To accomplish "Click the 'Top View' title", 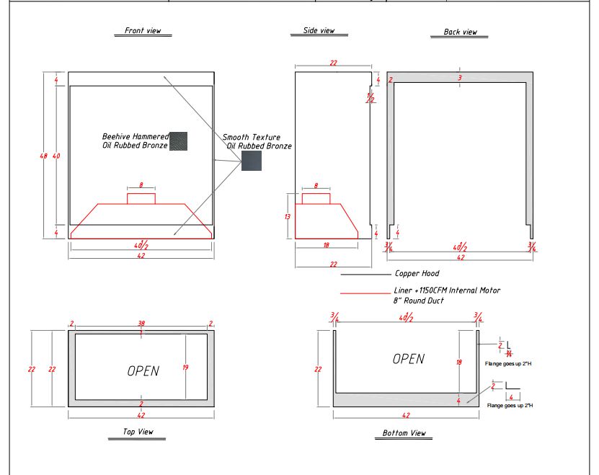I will coord(133,432).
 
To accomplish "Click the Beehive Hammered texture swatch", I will coord(178,141).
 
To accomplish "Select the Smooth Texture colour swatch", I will coord(252,161).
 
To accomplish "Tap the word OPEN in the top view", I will coord(143,371).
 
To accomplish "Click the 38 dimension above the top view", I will coord(141,324).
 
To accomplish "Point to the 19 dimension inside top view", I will coord(186,368).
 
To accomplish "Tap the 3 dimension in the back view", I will coord(459,77).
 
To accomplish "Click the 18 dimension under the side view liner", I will coord(326,245).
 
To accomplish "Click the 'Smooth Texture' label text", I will coord(252,137).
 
